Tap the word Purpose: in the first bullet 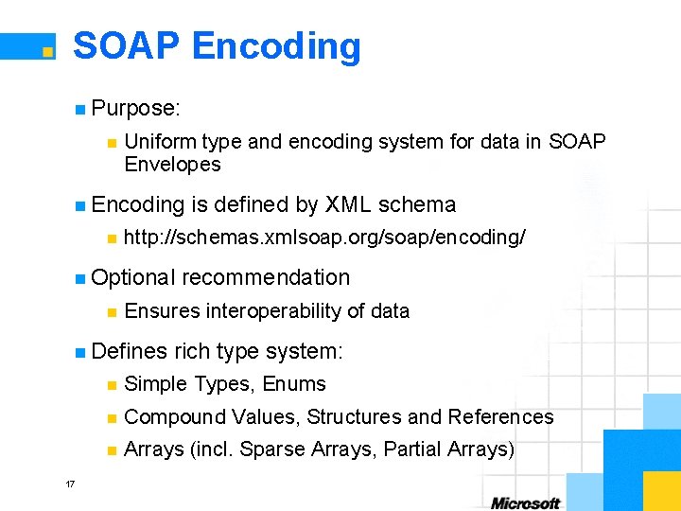[136, 109]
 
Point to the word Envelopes [172, 165]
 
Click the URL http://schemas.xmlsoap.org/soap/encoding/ [324, 238]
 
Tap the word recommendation [266, 278]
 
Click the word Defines [131, 352]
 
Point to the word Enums [294, 384]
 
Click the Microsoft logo [525, 502]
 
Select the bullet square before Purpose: [80, 110]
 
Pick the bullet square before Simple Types [112, 385]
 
